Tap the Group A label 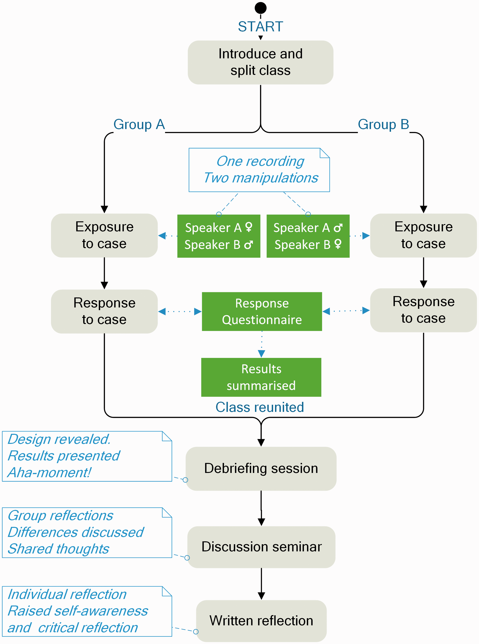pyautogui.click(x=139, y=125)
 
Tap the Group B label pyautogui.click(x=383, y=125)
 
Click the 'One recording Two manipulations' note pyautogui.click(x=259, y=170)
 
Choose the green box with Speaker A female pyautogui.click(x=219, y=236)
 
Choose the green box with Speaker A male pyautogui.click(x=308, y=236)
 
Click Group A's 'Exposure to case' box pyautogui.click(x=104, y=235)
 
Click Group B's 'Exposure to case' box pyautogui.click(x=423, y=235)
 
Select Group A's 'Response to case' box pyautogui.click(x=104, y=311)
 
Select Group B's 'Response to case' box pyautogui.click(x=423, y=310)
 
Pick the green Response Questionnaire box pyautogui.click(x=262, y=311)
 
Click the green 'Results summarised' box pyautogui.click(x=261, y=377)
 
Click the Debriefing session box pyautogui.click(x=261, y=469)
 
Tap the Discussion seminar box pyautogui.click(x=261, y=547)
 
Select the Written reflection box pyautogui.click(x=261, y=621)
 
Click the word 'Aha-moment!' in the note pyautogui.click(x=49, y=473)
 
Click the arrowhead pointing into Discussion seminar pyautogui.click(x=261, y=522)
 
